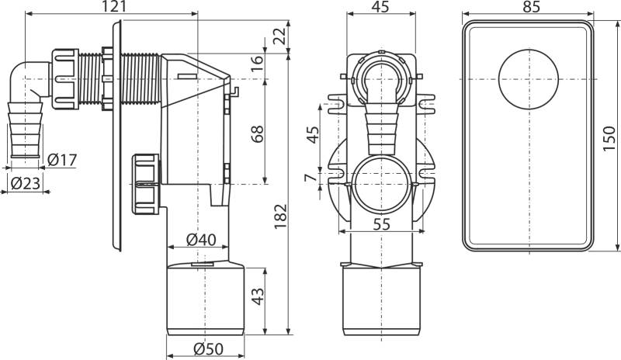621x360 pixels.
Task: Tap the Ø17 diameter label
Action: tap(62, 160)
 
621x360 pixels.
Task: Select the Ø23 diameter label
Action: tap(26, 183)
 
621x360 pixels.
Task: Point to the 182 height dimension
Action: tap(280, 216)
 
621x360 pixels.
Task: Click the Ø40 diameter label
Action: tap(201, 239)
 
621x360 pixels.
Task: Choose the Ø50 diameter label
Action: tap(208, 349)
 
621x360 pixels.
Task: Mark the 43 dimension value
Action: tap(258, 296)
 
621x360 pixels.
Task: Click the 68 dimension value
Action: tap(257, 134)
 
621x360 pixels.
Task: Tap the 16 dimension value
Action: tap(257, 63)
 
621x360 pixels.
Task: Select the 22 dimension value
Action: tap(279, 36)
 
